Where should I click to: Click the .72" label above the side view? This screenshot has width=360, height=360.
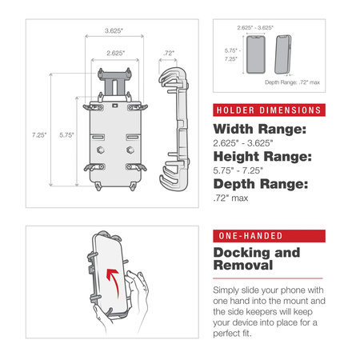point(167,54)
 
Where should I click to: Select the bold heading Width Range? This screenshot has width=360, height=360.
point(258,130)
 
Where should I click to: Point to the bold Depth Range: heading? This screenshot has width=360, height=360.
point(259,185)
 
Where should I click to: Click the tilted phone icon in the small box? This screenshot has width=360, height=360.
point(282,57)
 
